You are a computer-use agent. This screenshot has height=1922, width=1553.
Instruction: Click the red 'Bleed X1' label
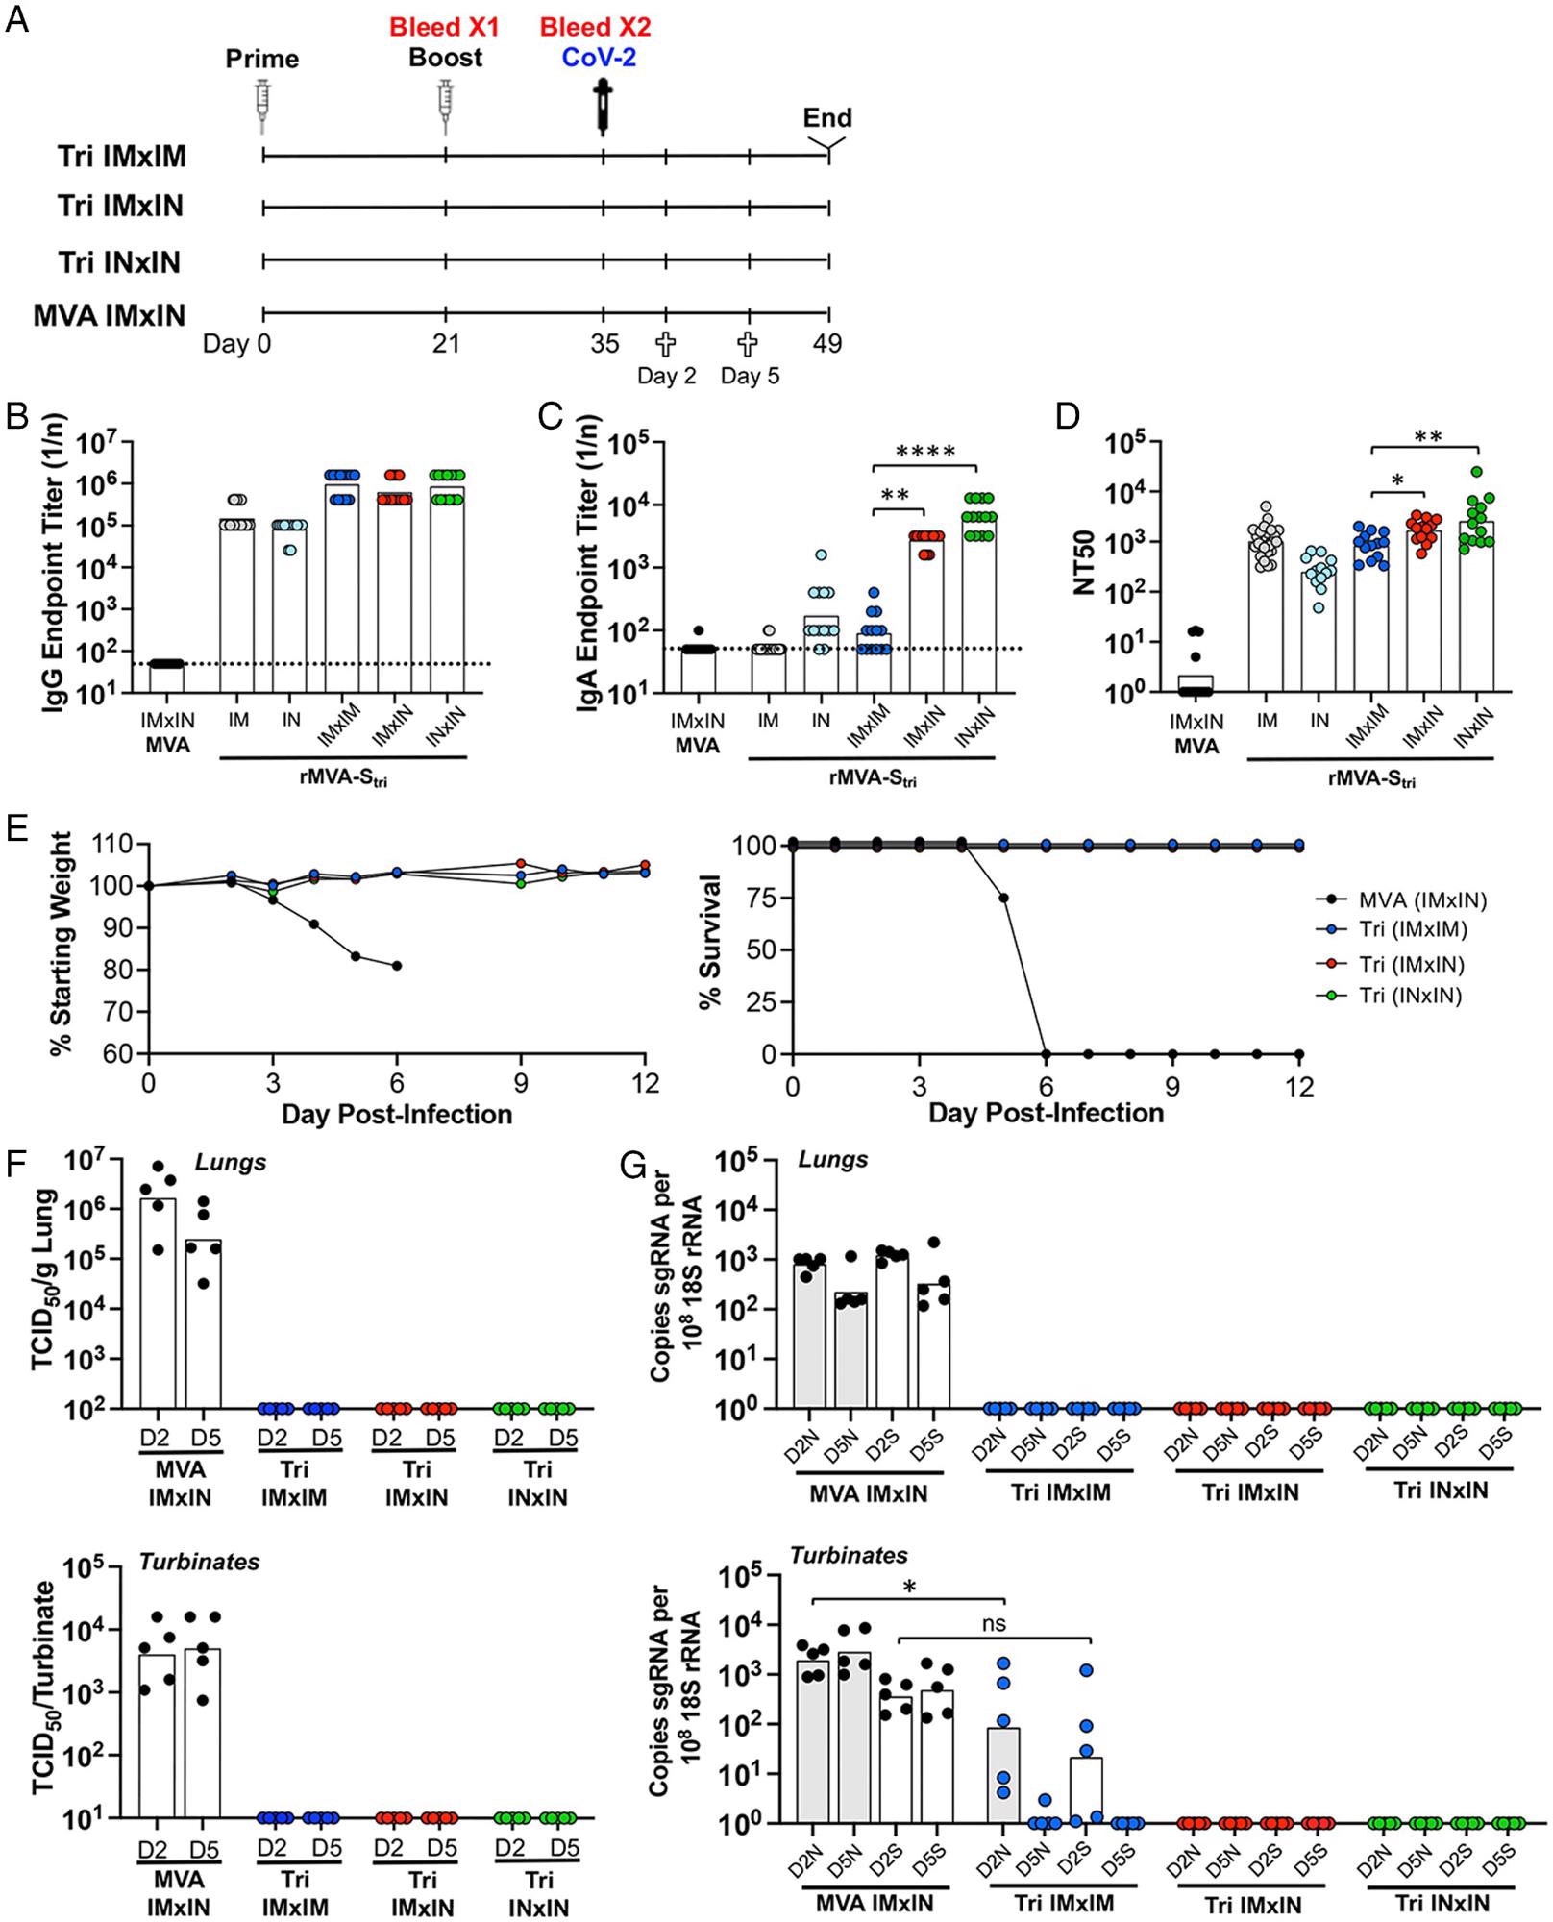pyautogui.click(x=444, y=27)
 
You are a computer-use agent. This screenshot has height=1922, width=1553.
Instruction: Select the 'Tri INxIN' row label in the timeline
pyautogui.click(x=119, y=262)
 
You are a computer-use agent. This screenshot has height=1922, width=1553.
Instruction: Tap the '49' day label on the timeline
pyautogui.click(x=826, y=343)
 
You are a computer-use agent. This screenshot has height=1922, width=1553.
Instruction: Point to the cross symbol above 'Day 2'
pyautogui.click(x=665, y=343)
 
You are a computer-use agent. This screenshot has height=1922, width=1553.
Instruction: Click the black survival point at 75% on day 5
pyautogui.click(x=1004, y=898)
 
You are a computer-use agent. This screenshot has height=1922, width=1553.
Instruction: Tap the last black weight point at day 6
pyautogui.click(x=397, y=966)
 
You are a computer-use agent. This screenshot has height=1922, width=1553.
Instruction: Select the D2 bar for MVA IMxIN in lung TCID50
pyautogui.click(x=158, y=1302)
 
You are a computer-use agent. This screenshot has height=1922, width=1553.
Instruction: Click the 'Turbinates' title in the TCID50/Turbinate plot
pyautogui.click(x=200, y=1562)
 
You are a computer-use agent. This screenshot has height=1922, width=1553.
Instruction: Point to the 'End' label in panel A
pyautogui.click(x=827, y=118)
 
